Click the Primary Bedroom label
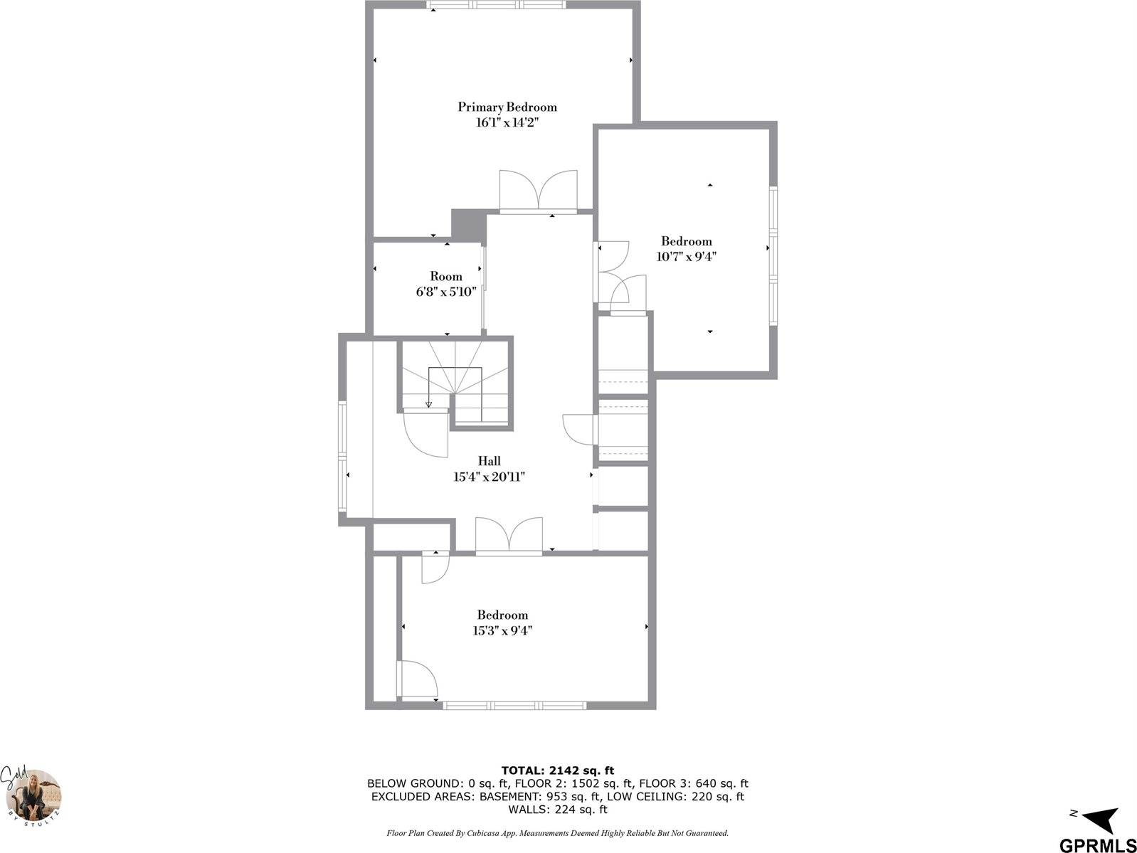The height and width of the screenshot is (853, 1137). (x=507, y=107)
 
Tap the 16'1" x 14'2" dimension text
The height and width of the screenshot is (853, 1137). (x=507, y=122)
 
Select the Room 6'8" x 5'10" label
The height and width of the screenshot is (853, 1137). (x=446, y=284)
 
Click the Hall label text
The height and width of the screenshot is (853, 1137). (x=489, y=461)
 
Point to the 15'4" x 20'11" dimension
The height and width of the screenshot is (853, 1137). (x=489, y=477)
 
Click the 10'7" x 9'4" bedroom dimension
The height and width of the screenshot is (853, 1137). (x=686, y=257)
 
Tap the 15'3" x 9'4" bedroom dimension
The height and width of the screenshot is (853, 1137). (x=502, y=630)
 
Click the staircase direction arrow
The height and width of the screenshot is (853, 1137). (x=428, y=404)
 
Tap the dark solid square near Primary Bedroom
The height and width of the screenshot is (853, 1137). (x=467, y=224)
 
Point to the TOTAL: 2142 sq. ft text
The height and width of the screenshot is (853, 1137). (x=557, y=770)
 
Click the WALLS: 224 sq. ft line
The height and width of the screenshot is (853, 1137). (x=557, y=810)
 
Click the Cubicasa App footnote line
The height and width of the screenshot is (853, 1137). (x=557, y=832)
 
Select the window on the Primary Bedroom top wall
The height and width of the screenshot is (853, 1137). (x=497, y=5)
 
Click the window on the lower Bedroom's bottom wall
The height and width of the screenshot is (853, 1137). (x=514, y=706)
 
